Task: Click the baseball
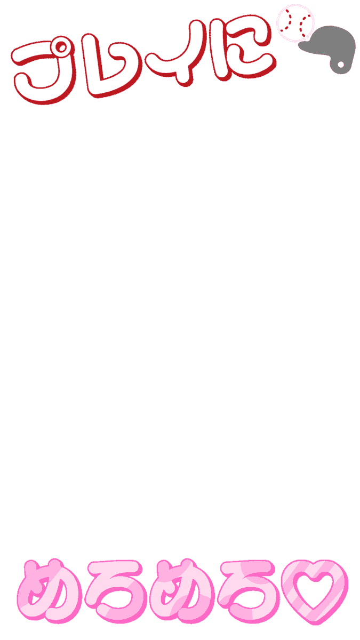tap(295, 23)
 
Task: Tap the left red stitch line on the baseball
tap(286, 21)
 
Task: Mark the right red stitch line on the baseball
tap(304, 25)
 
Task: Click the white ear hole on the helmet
tap(341, 65)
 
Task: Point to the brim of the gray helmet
tap(307, 46)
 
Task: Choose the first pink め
tap(49, 591)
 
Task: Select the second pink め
tap(183, 591)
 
